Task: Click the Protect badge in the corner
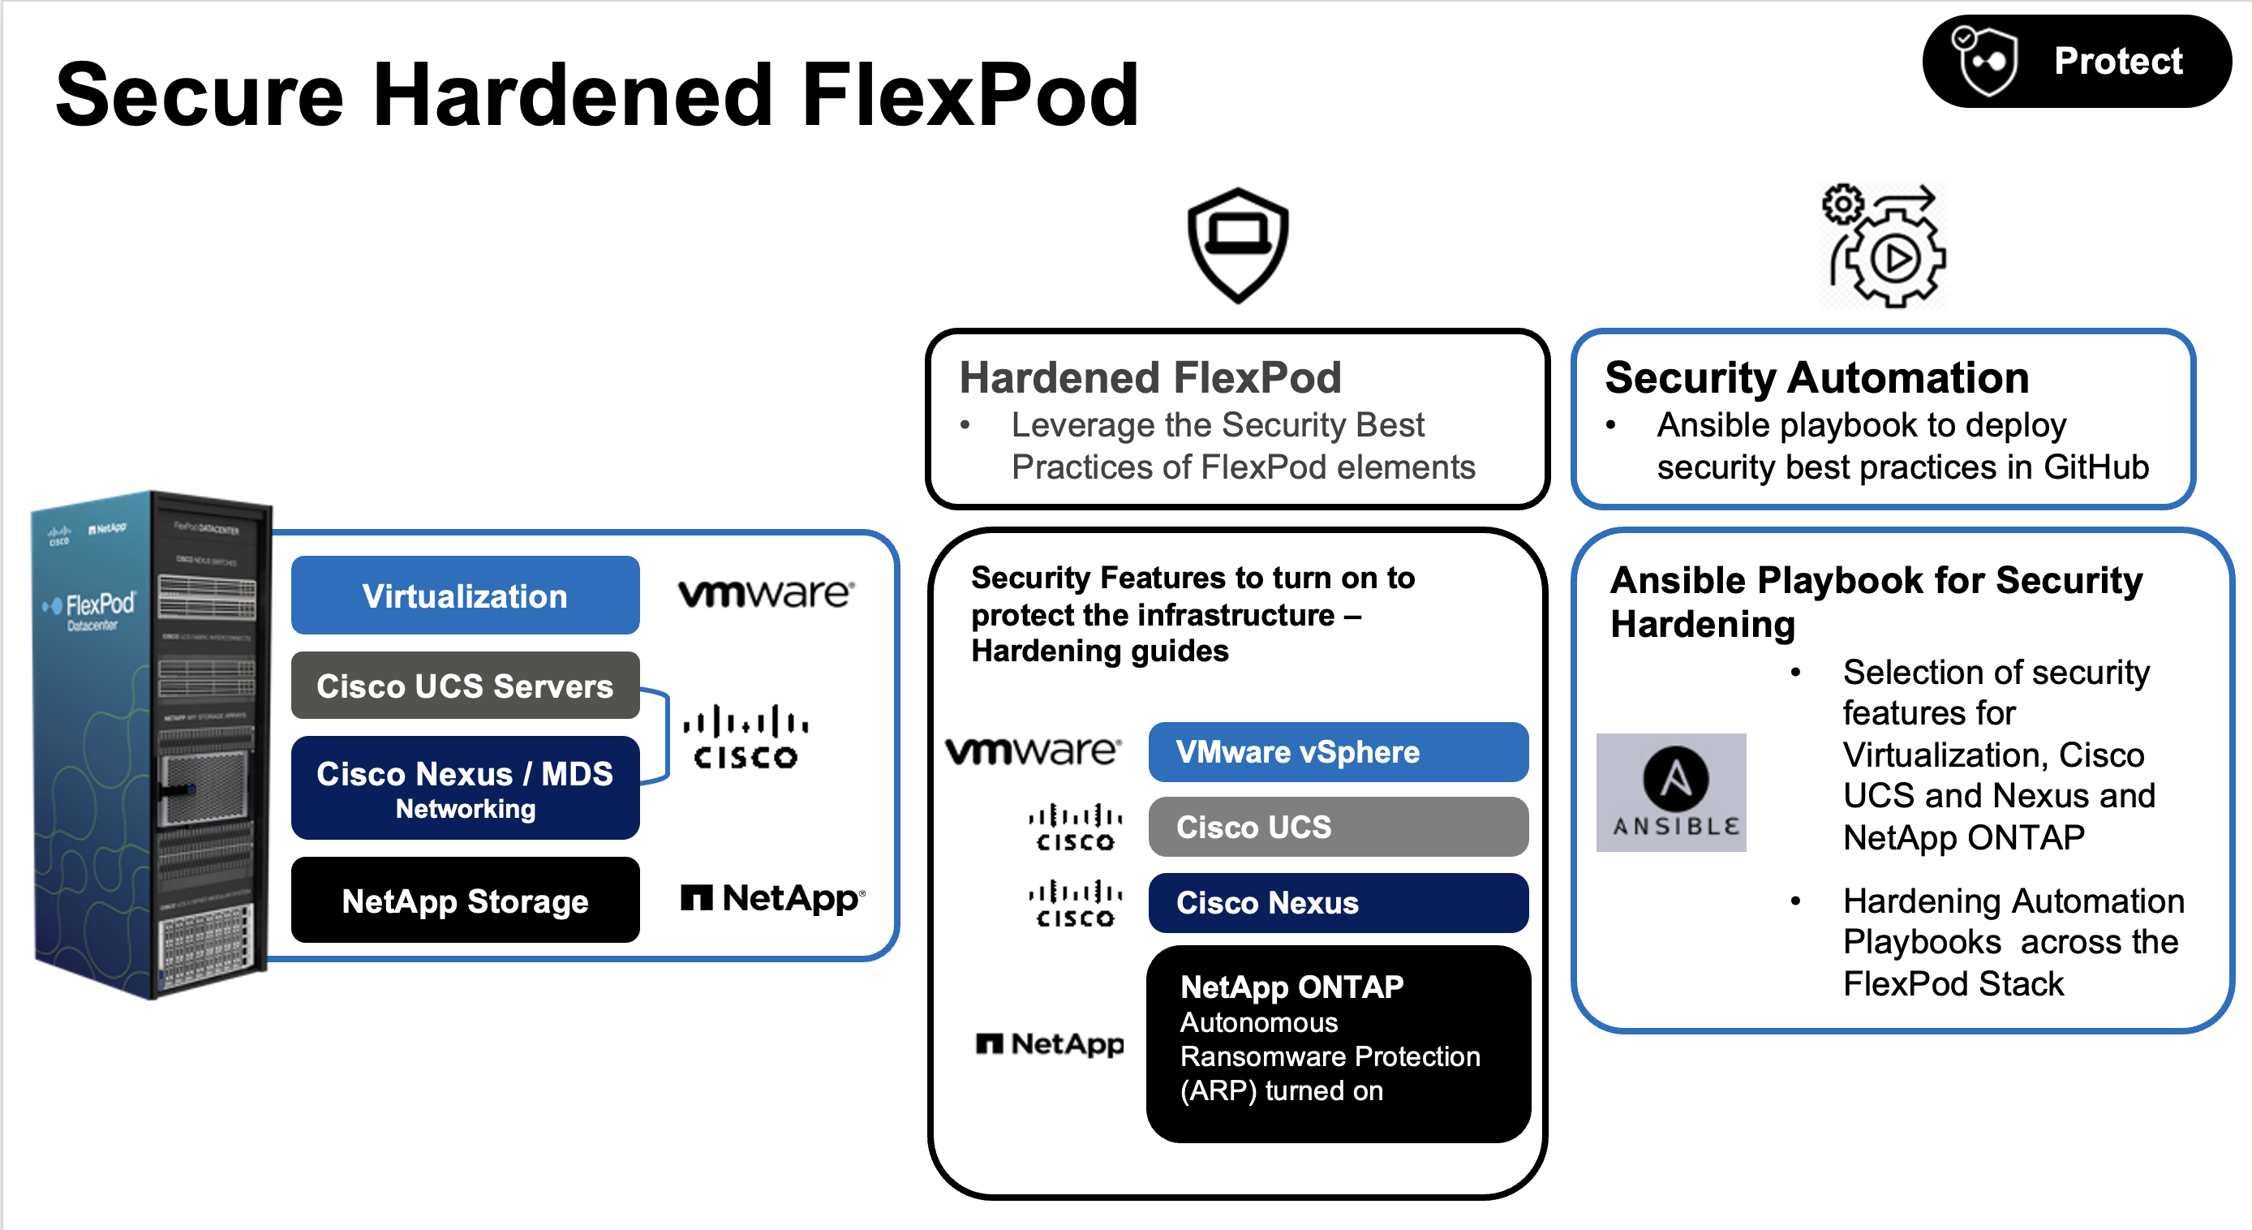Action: point(2075,61)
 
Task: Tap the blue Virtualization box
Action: point(464,596)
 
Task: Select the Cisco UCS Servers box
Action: point(464,686)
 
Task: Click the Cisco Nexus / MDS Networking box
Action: point(464,788)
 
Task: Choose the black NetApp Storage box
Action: point(464,900)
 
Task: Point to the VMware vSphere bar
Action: point(1337,752)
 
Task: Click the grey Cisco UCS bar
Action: point(1337,827)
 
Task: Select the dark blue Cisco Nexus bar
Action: point(1337,903)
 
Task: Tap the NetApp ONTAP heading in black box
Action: point(1291,987)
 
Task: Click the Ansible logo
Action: point(1670,792)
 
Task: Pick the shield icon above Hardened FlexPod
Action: point(1237,244)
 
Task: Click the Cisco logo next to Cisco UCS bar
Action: point(1074,827)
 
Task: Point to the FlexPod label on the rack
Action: point(99,605)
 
